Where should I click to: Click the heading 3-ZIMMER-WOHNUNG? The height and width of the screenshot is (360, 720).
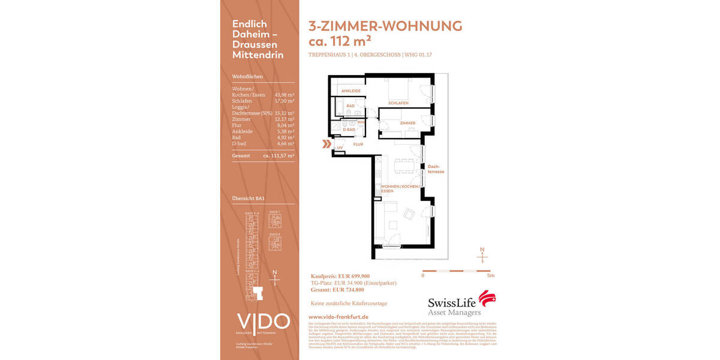pyautogui.click(x=385, y=26)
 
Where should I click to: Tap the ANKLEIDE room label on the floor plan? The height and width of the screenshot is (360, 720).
pyautogui.click(x=351, y=91)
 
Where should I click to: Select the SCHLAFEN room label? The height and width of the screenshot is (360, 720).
pyautogui.click(x=398, y=103)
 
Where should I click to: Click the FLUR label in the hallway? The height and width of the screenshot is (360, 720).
pyautogui.click(x=358, y=145)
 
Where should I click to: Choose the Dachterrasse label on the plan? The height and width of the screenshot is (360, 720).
pyautogui.click(x=435, y=169)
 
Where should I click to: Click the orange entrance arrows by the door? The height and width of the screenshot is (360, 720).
pyautogui.click(x=326, y=144)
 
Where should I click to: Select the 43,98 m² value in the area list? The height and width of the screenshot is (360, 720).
pyautogui.click(x=284, y=95)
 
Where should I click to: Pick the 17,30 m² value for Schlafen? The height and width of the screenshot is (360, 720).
pyautogui.click(x=284, y=101)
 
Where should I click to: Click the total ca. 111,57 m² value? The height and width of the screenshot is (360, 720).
pyautogui.click(x=278, y=155)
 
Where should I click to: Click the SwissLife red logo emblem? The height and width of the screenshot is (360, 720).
pyautogui.click(x=487, y=298)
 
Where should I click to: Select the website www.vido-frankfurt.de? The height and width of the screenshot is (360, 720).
pyautogui.click(x=338, y=316)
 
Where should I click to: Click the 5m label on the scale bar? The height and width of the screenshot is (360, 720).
pyautogui.click(x=490, y=276)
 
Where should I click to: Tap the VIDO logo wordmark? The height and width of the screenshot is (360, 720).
pyautogui.click(x=263, y=322)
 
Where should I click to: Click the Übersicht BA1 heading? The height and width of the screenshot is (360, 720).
pyautogui.click(x=248, y=198)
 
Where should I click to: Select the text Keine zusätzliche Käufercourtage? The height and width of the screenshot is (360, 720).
pyautogui.click(x=348, y=303)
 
